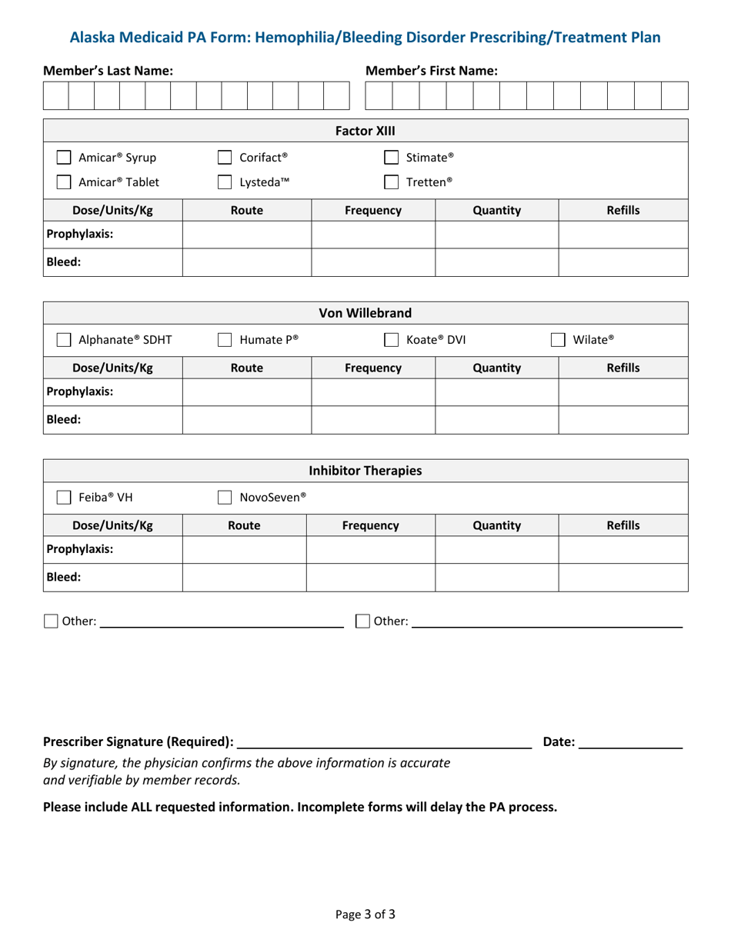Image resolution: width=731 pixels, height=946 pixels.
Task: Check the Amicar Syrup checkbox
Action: (x=65, y=158)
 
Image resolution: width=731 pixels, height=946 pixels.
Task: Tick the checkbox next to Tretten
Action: (x=392, y=182)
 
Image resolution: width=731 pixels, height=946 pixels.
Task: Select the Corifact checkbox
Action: (x=225, y=158)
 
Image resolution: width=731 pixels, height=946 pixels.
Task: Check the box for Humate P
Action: (x=225, y=340)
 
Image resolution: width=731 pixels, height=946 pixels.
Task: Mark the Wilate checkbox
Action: (x=559, y=340)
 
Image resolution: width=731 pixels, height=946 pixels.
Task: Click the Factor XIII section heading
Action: (x=365, y=131)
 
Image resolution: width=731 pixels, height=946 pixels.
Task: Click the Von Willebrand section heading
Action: (x=365, y=313)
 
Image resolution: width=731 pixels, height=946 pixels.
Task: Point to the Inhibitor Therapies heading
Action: (x=365, y=471)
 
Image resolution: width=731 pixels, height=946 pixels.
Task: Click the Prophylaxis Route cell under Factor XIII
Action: (x=246, y=235)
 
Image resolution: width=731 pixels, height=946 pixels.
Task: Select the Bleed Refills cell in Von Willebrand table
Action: (x=623, y=420)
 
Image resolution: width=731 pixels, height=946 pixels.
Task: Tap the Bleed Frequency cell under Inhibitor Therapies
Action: (x=371, y=578)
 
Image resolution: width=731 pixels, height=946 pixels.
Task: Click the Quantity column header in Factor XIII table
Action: (x=496, y=210)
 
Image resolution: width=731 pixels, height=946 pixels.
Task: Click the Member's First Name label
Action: (x=431, y=71)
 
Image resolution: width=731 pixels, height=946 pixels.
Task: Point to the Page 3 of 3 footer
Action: (x=365, y=914)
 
